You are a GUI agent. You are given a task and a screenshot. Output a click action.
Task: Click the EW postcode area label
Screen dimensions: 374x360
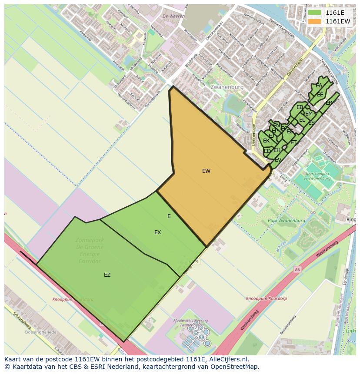(x=206, y=171)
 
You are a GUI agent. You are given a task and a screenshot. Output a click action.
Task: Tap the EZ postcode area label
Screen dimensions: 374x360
(x=107, y=275)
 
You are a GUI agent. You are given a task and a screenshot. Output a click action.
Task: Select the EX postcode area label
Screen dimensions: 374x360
(x=157, y=232)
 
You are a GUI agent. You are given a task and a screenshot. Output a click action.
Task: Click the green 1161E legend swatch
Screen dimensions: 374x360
(x=315, y=13)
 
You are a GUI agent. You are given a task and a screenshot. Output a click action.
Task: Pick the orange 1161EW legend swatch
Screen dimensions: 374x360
(x=315, y=21)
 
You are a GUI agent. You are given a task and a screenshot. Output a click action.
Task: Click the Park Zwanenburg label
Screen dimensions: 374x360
(x=287, y=221)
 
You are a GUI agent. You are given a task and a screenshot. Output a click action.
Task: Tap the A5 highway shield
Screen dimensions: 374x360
(x=297, y=269)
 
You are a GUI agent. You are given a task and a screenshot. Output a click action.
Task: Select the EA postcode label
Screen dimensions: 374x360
(x=319, y=86)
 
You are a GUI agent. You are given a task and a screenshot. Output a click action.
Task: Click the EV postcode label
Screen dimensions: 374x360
(x=278, y=160)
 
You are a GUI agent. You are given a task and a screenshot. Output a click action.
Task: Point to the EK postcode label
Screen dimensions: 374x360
(x=266, y=141)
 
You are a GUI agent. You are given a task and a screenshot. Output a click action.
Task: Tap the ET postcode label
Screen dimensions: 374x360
(x=293, y=142)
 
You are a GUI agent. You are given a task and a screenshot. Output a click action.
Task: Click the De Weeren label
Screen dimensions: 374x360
(x=170, y=16)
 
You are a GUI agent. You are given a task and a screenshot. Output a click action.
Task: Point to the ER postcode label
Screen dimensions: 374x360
(x=329, y=103)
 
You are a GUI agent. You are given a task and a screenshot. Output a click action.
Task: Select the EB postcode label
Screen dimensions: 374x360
(x=300, y=107)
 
